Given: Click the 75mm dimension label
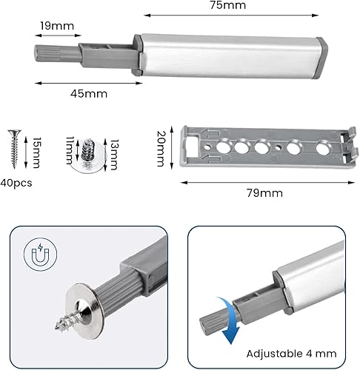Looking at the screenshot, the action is point(228,5).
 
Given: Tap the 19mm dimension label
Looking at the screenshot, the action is point(57,26).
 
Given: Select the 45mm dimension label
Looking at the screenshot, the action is point(89,94).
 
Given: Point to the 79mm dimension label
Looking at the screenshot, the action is point(264,193).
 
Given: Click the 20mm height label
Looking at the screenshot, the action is point(161,149).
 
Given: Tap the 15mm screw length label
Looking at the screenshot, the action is point(36,152).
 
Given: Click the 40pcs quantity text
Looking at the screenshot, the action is point(16,184).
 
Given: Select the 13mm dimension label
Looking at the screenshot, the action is point(114,155).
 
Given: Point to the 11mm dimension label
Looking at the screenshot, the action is point(70,150).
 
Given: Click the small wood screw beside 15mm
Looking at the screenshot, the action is point(15,148).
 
